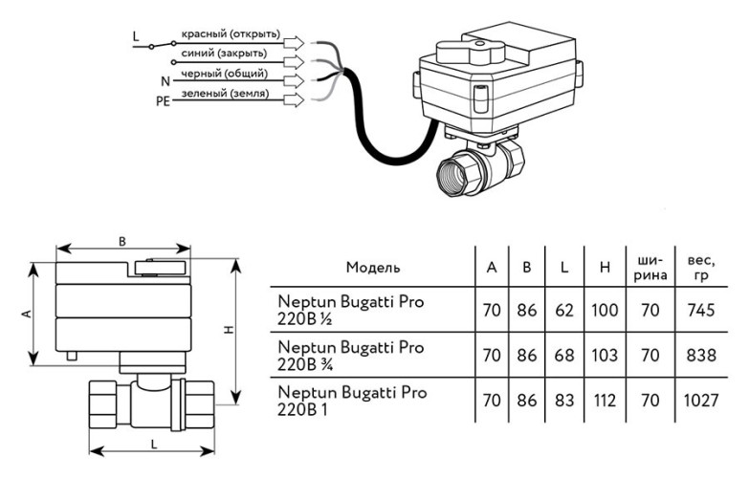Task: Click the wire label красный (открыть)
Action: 230,35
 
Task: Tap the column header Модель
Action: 373,268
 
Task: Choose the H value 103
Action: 605,356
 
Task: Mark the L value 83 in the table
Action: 564,402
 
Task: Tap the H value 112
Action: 605,402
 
